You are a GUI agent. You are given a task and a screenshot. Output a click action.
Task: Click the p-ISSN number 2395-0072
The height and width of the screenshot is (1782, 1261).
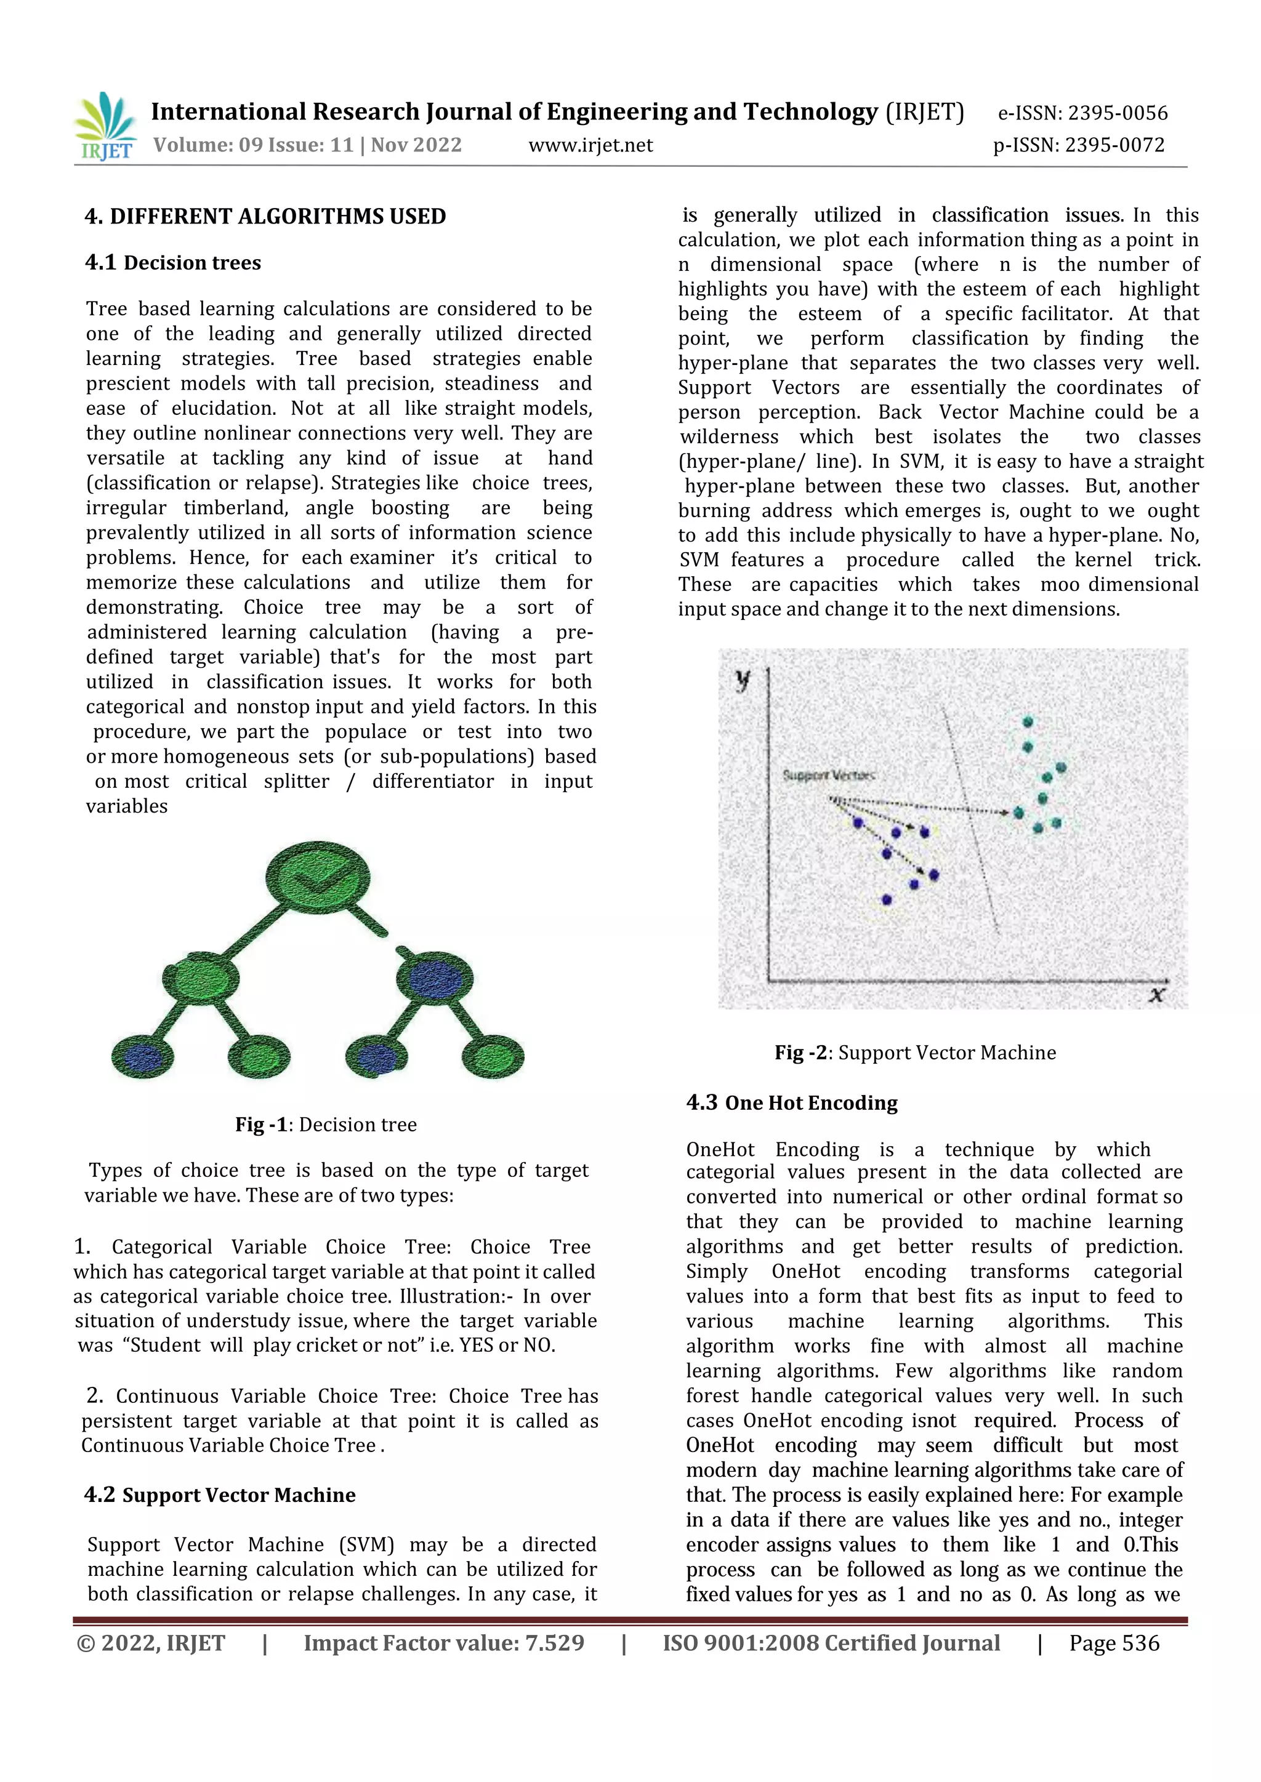[x=1114, y=145]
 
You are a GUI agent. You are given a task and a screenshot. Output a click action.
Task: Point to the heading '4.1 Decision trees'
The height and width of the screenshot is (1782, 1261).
[x=173, y=262]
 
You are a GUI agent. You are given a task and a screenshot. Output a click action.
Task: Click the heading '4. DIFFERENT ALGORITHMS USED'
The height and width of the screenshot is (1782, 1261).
[x=265, y=216]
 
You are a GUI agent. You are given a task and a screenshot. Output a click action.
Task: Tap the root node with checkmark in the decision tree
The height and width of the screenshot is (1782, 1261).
[x=317, y=878]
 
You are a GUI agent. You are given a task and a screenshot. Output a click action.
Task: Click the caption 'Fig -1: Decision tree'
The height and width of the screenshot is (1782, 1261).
[x=326, y=1124]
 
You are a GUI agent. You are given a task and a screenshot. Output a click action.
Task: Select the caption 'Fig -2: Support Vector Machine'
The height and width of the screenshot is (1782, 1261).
[x=916, y=1053]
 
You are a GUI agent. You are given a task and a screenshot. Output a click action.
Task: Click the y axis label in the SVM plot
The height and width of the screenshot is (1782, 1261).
[x=743, y=681]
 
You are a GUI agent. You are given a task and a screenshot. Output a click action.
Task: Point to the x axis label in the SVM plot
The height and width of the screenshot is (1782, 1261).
[x=1157, y=994]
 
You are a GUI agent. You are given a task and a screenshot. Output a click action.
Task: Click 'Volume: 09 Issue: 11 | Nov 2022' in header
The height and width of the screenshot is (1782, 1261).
[x=307, y=145]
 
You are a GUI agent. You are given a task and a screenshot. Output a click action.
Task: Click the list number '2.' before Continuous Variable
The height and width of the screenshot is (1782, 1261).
[x=95, y=1395]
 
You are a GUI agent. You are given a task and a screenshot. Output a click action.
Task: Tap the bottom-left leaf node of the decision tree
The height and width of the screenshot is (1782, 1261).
[x=142, y=1056]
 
